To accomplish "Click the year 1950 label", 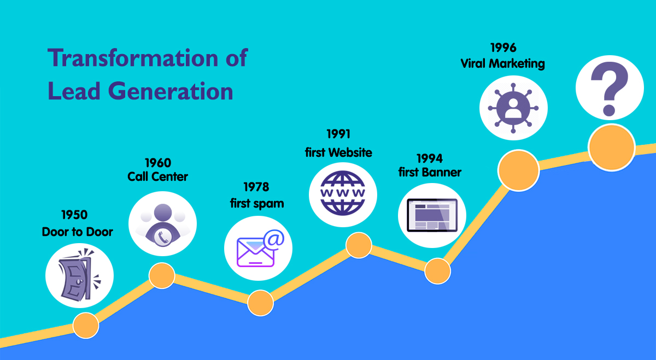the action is (x=74, y=215).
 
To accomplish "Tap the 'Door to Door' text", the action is (x=77, y=232).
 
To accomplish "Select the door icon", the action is (x=80, y=275).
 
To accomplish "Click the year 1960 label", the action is (x=158, y=163).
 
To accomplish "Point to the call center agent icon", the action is (x=162, y=225).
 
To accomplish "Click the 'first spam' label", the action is (x=257, y=203).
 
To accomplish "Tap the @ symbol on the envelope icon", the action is (x=274, y=240).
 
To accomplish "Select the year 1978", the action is (x=256, y=187).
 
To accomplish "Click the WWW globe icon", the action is (x=343, y=193).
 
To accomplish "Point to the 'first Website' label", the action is (x=338, y=152).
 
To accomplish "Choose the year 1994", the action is (x=430, y=158).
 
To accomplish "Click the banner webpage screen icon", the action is (x=432, y=215).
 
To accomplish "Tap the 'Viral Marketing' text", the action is (x=502, y=63).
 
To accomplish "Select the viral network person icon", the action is (x=513, y=108).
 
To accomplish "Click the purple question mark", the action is (x=610, y=88).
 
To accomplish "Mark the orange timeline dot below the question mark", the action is (x=612, y=147).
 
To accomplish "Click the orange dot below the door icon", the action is (x=86, y=325).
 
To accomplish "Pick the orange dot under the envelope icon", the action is (x=260, y=303).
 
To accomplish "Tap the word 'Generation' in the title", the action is (x=171, y=91).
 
